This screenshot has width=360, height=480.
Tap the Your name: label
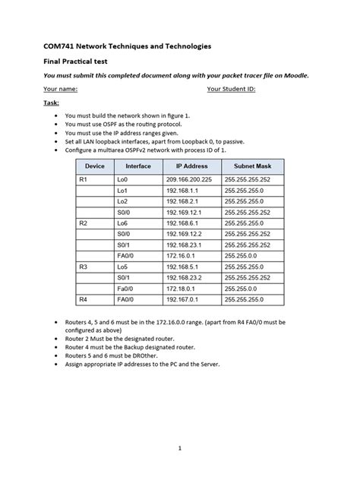click(63, 89)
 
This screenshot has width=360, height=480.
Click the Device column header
click(95, 165)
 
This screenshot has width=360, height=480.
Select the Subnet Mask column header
click(254, 165)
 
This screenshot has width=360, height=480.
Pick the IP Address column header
click(191, 165)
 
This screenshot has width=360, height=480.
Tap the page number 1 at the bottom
click(180, 448)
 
